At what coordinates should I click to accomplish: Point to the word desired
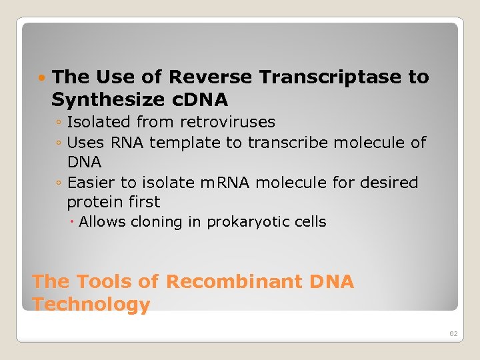point(387,183)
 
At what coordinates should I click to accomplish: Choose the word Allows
point(102,222)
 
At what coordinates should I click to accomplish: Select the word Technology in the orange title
point(91,305)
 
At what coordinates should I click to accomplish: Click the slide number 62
point(453,333)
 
